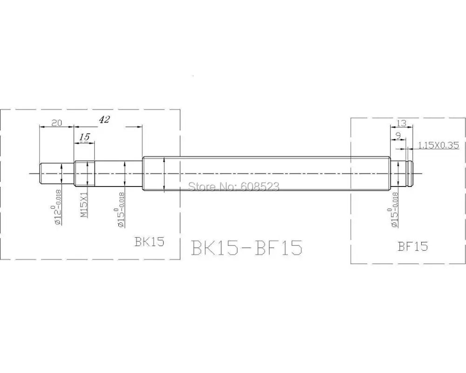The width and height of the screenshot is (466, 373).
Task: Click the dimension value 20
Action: click(56, 123)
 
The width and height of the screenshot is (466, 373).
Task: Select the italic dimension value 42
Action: click(104, 119)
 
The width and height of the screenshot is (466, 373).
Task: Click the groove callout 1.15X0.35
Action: click(438, 145)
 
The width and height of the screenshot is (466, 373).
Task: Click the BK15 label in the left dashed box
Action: click(149, 242)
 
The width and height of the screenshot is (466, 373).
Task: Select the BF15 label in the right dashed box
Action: click(413, 246)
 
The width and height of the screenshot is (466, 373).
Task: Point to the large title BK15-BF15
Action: click(247, 247)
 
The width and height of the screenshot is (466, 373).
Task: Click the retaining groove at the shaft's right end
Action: click(409, 173)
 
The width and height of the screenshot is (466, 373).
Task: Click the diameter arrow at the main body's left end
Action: click(164, 173)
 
